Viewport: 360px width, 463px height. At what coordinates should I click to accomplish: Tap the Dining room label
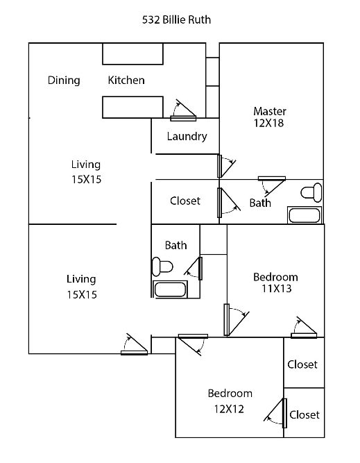(x=64, y=80)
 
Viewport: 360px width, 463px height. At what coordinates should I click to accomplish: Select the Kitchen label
(x=126, y=80)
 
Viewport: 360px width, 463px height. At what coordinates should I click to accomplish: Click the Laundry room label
(x=187, y=136)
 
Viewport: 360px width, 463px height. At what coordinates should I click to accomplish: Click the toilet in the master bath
(x=312, y=191)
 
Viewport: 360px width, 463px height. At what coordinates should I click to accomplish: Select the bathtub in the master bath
(x=305, y=215)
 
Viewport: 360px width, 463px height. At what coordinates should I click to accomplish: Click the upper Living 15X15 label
(x=85, y=172)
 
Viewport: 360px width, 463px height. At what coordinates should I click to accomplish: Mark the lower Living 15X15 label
(x=81, y=287)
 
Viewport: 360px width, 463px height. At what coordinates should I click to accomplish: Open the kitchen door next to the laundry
(x=183, y=110)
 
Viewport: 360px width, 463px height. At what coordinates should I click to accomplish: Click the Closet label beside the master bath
(x=185, y=201)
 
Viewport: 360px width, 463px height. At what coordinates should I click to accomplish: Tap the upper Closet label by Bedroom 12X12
(x=302, y=364)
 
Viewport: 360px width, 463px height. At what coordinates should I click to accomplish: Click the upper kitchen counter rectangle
(x=132, y=53)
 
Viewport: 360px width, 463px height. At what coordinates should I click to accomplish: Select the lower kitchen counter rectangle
(x=132, y=107)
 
